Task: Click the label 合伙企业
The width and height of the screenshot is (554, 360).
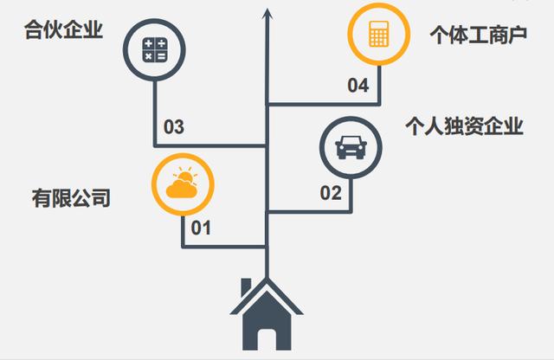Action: [64, 31]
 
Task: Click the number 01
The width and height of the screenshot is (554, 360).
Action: [201, 228]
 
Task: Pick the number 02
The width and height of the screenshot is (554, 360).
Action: [332, 192]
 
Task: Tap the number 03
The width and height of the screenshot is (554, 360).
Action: [174, 127]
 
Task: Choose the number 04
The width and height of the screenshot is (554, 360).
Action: [358, 85]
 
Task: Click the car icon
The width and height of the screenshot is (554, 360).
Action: [349, 146]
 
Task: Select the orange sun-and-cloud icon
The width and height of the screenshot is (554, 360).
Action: [183, 183]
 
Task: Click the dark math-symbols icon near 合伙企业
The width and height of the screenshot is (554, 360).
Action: [155, 48]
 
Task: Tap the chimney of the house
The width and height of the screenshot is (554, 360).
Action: [247, 286]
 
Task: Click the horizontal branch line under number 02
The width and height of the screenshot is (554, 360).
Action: [312, 210]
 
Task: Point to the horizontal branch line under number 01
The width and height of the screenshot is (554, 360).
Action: [225, 247]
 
